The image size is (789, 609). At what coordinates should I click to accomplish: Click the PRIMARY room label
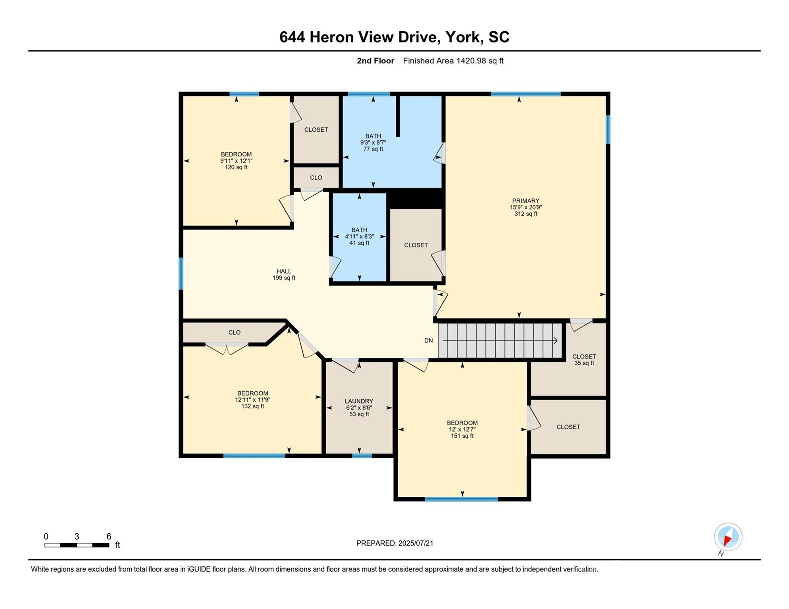coord(525,201)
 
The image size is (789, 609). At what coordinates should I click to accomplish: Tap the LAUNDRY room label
coord(359,401)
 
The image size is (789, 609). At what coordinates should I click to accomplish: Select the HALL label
coord(284,271)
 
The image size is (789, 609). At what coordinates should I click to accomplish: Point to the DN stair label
coord(429,341)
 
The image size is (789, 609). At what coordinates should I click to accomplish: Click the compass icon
coord(728,537)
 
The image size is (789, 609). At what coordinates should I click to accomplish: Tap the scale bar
coord(77,545)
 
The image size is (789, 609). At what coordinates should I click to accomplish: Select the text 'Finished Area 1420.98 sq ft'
coord(453,61)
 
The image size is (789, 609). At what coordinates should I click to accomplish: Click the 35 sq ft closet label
coord(584,363)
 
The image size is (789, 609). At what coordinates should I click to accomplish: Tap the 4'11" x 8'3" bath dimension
coord(359,236)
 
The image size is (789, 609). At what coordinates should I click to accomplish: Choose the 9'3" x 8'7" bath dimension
coord(373,142)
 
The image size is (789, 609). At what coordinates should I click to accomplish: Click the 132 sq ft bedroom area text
coord(252,406)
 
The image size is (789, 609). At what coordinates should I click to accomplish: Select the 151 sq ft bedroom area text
coord(462,436)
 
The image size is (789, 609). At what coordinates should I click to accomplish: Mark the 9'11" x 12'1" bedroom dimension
coord(236,161)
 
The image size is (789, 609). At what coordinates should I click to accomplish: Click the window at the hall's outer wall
coord(181,274)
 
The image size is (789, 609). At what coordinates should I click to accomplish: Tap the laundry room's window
coord(362,456)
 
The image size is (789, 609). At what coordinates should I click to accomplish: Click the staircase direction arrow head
coord(556,341)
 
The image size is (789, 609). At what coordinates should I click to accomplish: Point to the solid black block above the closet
coord(415,198)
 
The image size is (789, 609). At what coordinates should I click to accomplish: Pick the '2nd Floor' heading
coord(375,61)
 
